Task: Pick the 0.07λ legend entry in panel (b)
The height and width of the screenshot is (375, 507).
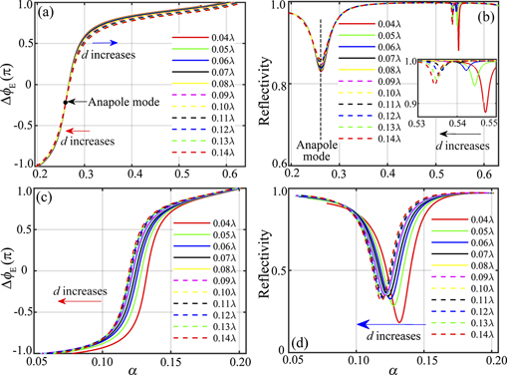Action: [398, 66]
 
